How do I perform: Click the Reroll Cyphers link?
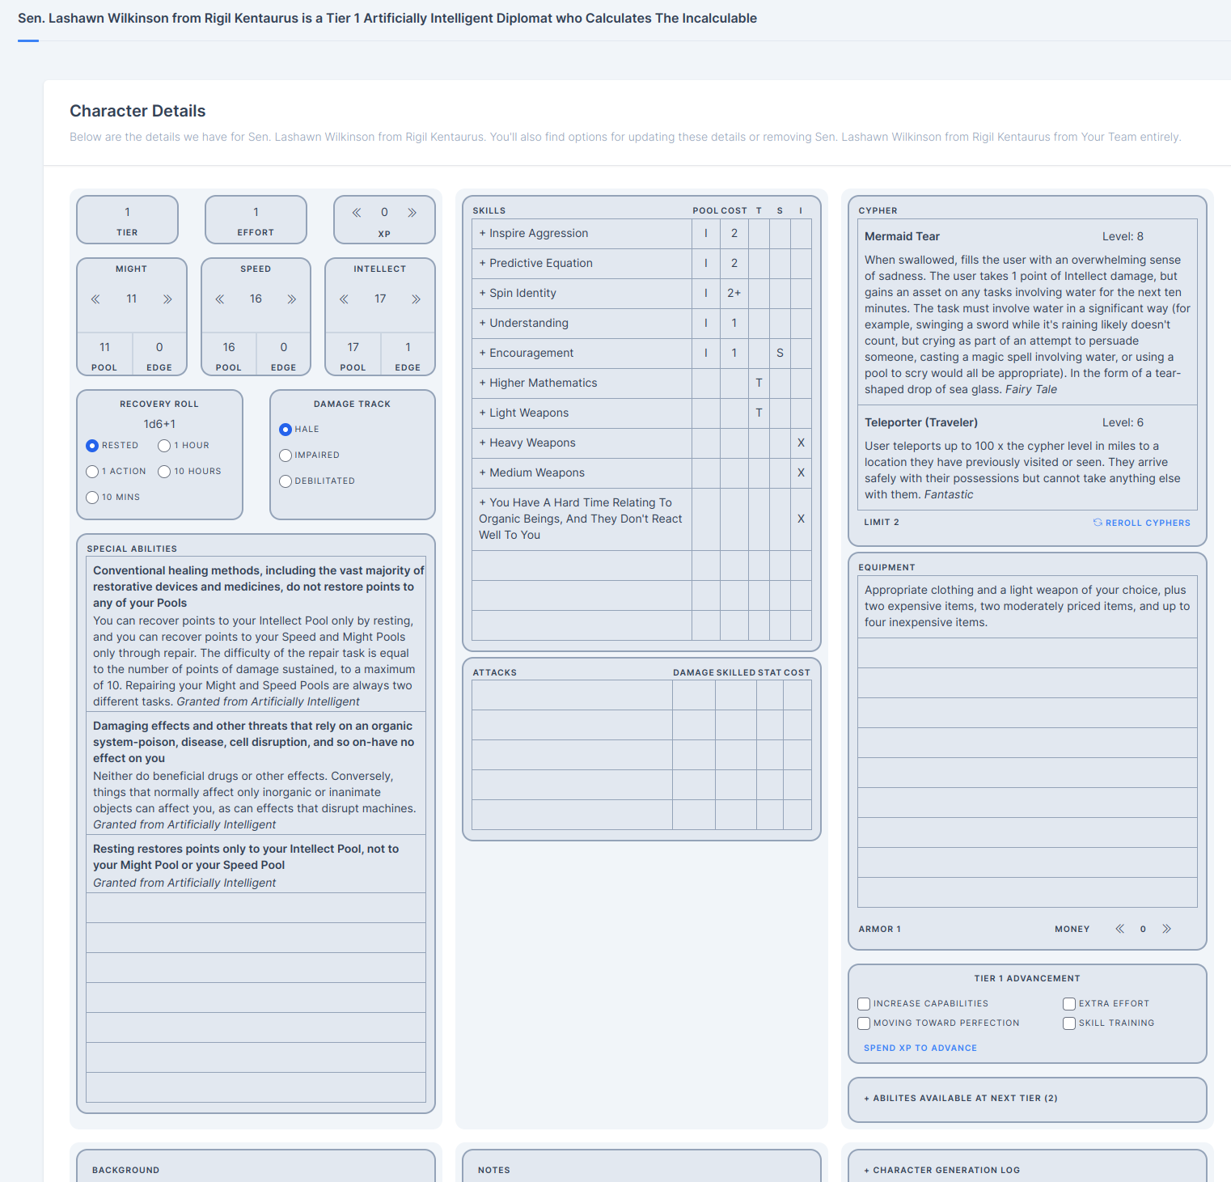(1141, 523)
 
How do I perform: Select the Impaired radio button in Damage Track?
(286, 455)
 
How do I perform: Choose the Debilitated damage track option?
(286, 481)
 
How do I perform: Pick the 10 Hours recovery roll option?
(164, 472)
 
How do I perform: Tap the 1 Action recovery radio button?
(92, 472)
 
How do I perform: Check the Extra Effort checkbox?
(1069, 1004)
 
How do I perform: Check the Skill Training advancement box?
(1069, 1023)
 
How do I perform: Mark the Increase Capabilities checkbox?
(864, 1004)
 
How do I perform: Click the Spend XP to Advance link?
(920, 1048)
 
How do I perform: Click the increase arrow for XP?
(412, 213)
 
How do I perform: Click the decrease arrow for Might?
(95, 299)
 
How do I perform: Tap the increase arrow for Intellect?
(416, 299)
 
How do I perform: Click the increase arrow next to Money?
(1166, 929)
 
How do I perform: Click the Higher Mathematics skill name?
(544, 383)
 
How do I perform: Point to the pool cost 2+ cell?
(734, 293)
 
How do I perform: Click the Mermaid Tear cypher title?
(902, 236)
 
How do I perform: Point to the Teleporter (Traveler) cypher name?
(921, 422)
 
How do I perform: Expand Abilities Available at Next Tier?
(961, 1098)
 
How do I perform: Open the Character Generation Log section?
(942, 1170)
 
